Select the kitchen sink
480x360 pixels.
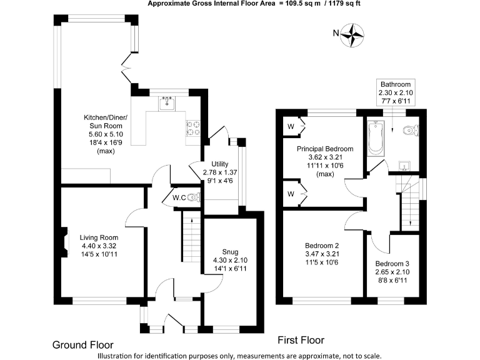[x=167, y=102]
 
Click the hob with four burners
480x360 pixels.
[x=193, y=127]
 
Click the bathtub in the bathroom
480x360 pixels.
[x=376, y=138]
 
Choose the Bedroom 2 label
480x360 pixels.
[x=322, y=254]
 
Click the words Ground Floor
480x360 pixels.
[x=82, y=344]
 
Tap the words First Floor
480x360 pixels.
[x=301, y=340]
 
